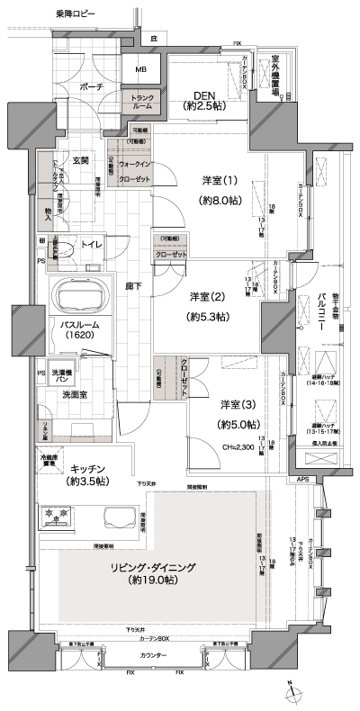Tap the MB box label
141,69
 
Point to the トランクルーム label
143,102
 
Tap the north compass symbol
291,691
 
